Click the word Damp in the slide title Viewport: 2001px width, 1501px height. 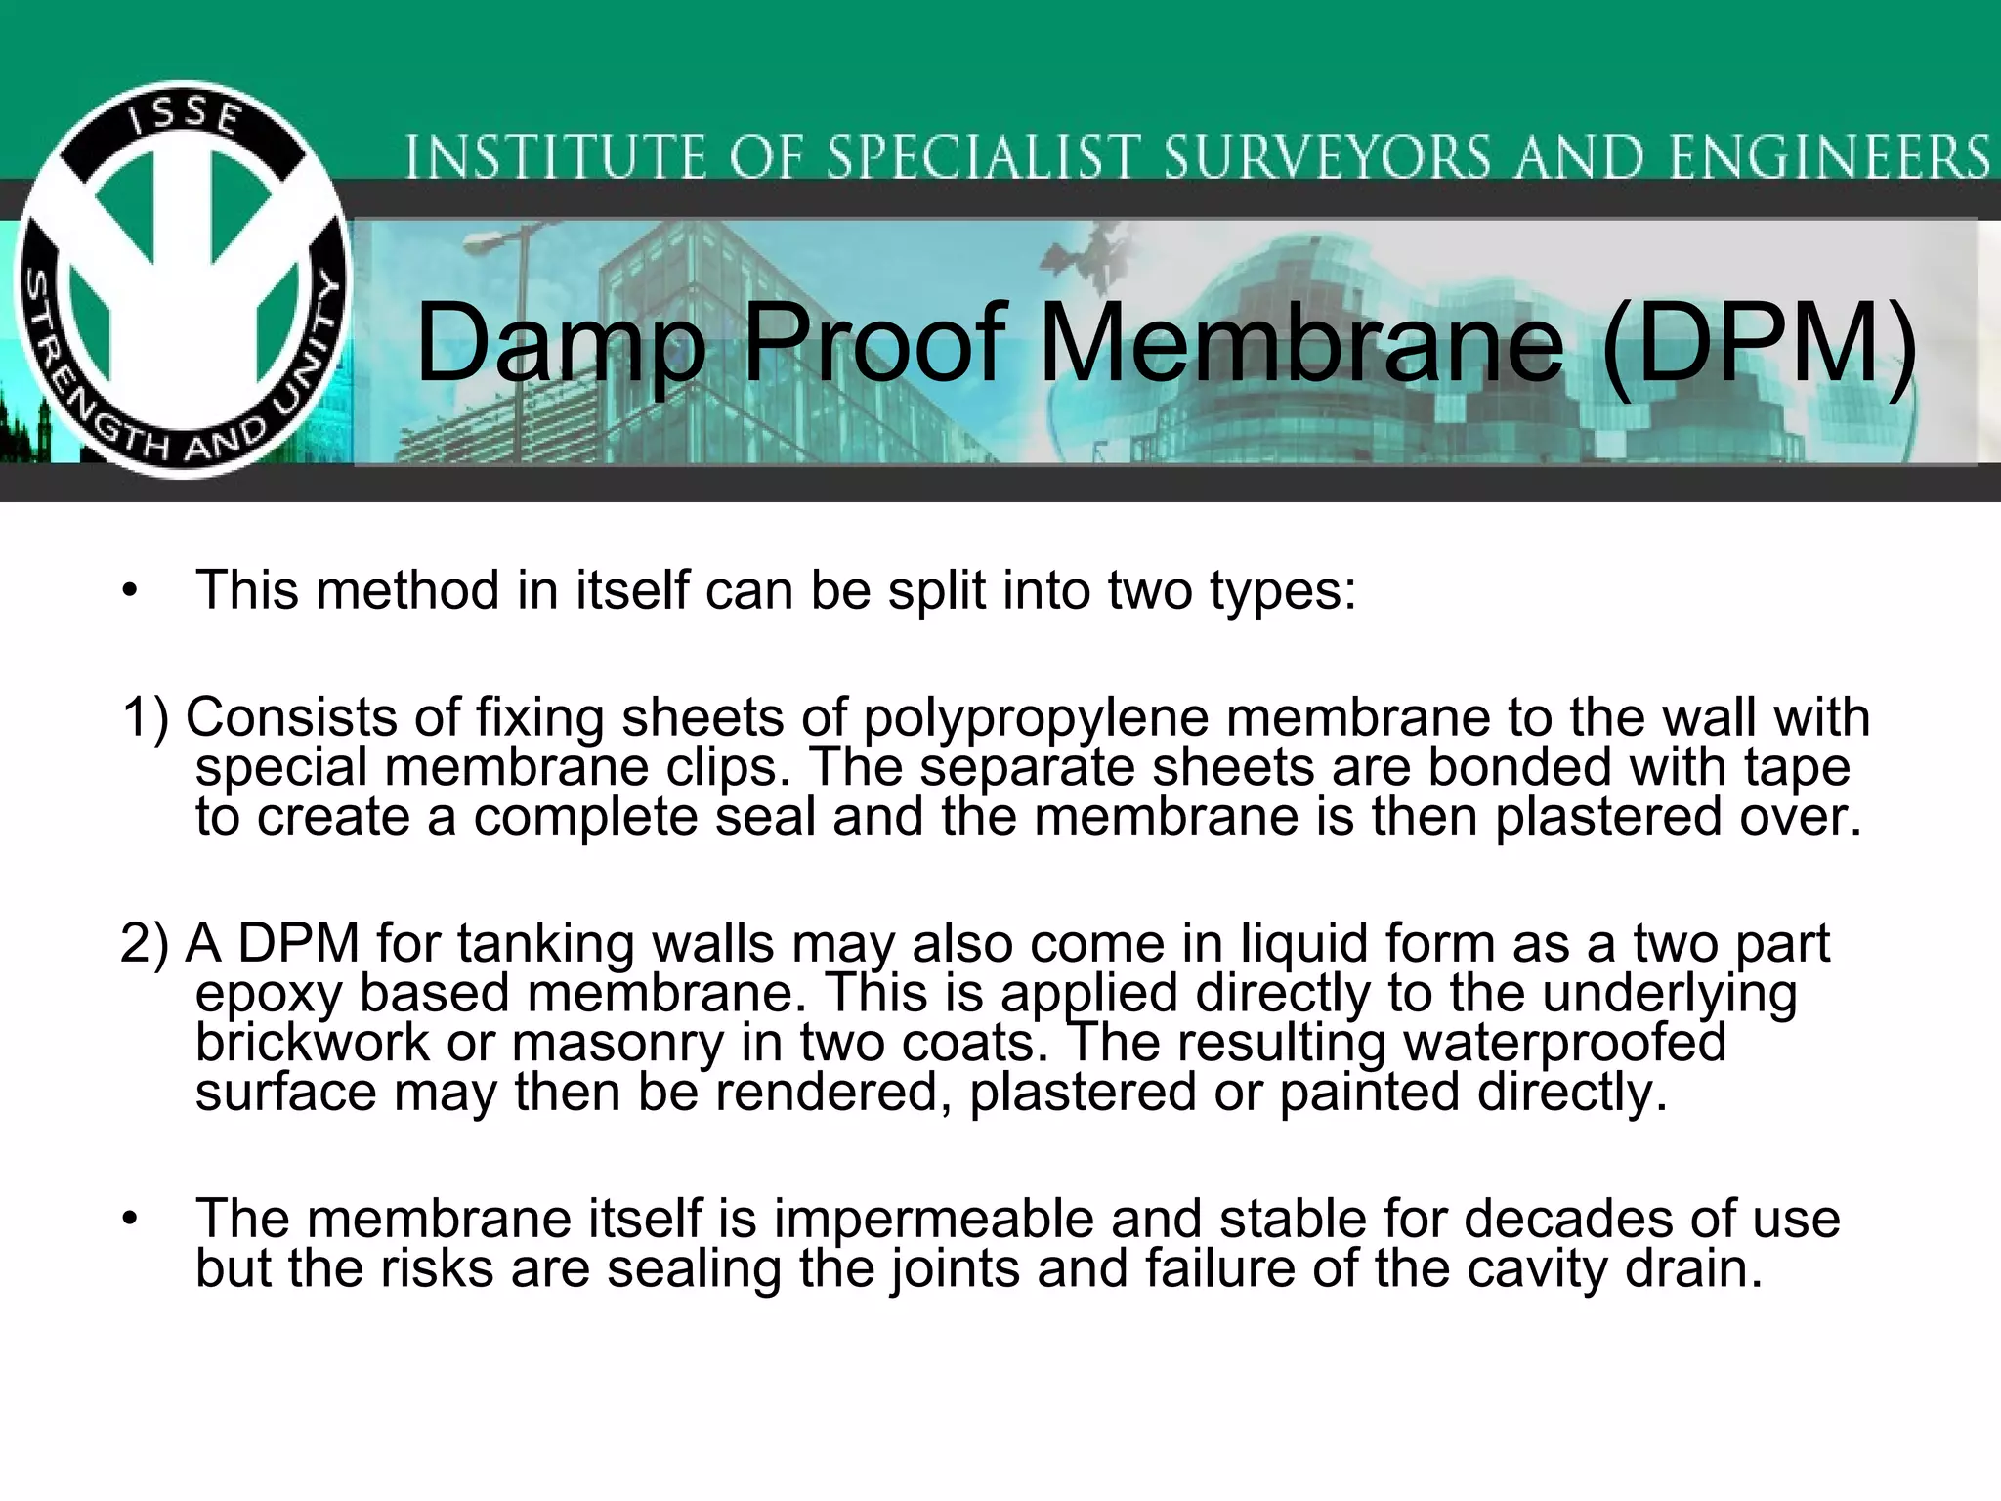(560, 345)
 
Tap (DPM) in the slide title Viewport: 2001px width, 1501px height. (1759, 345)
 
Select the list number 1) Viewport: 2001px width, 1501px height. (146, 718)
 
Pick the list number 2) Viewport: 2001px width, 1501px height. (145, 944)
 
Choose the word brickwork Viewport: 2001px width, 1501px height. (312, 1043)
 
